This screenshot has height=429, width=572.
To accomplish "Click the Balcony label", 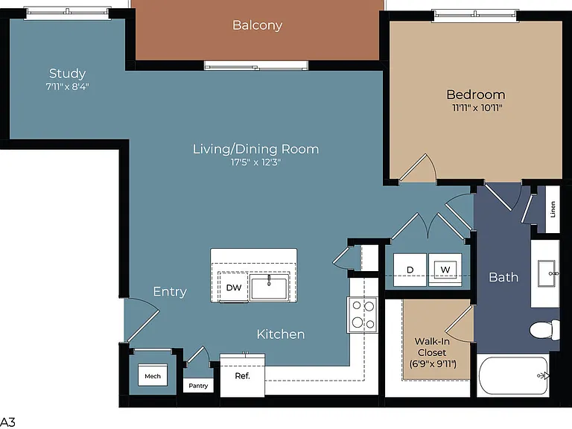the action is coord(257,25).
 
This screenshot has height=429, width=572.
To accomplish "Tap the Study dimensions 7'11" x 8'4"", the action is coord(68,87).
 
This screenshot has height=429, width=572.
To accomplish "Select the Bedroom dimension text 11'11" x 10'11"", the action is coord(477,108).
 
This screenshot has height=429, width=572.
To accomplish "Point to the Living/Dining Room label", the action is coord(255,149).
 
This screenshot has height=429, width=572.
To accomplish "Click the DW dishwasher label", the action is coord(234,287).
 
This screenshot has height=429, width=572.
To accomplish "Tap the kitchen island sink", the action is coord(270,287).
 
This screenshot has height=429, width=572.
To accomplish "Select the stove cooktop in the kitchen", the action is coord(362,315).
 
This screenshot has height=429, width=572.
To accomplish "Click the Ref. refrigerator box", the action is coord(243,375).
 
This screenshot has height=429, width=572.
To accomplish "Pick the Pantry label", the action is coord(198,386).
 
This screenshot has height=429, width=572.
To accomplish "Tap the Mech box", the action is coord(153,375).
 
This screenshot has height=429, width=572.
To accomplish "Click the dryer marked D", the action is coord(410,270).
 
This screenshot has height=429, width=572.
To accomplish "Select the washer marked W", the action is coord(445,270).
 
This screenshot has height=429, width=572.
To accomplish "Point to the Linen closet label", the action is coord(553,209).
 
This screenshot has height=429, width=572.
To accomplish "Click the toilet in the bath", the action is coord(544,329).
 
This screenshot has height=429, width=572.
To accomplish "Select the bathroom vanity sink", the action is coord(547,273).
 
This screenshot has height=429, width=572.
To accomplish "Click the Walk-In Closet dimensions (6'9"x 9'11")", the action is coord(433,364).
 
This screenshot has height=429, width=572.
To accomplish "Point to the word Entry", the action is coord(170,291).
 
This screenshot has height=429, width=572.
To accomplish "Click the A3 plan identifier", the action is coord(7,422).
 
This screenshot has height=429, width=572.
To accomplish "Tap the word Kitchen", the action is coord(281,334).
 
